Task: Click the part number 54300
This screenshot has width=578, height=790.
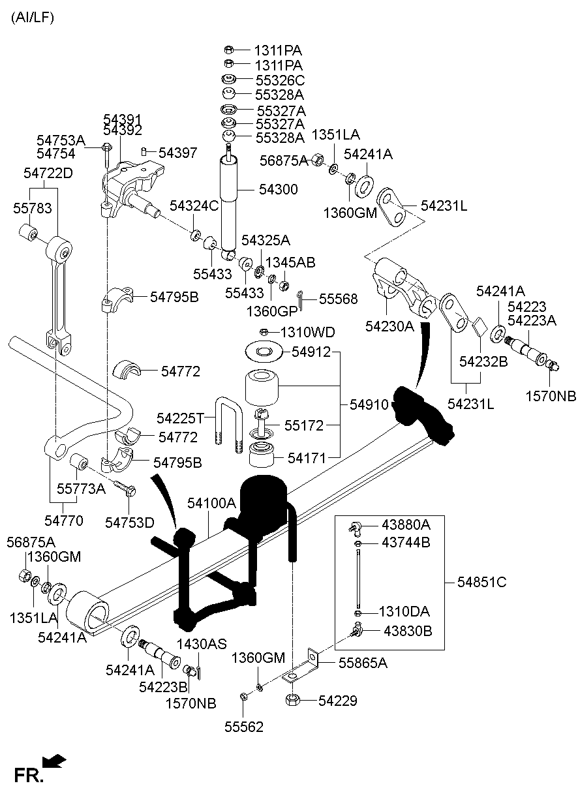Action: coord(278,190)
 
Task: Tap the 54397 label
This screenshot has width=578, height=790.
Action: coord(177,153)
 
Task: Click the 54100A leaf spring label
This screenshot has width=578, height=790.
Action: coord(211,504)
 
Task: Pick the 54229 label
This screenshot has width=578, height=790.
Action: coord(339,701)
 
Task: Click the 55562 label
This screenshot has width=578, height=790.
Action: coord(244,727)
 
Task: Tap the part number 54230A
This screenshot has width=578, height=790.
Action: coord(390,326)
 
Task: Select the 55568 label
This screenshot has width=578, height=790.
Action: coord(338,299)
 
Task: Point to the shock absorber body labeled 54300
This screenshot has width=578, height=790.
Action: coord(230,202)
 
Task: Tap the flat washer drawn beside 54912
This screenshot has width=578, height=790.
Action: coord(264,352)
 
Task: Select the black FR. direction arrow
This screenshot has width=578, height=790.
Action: coord(54,761)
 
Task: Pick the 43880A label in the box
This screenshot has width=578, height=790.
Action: coord(406,525)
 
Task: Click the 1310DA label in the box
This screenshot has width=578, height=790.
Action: coord(404,612)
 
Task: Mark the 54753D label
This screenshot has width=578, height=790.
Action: coord(130,523)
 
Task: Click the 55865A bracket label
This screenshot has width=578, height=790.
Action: coord(362,663)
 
